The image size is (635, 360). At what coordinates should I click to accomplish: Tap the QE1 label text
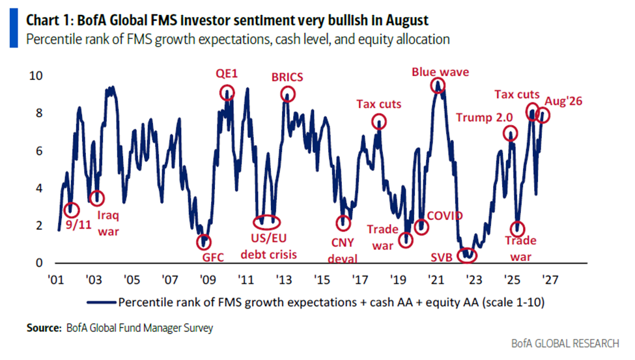pyautogui.click(x=227, y=74)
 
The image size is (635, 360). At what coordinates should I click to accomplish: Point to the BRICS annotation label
pyautogui.click(x=287, y=77)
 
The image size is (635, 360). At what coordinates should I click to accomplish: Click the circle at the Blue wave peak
pyautogui.click(x=431, y=85)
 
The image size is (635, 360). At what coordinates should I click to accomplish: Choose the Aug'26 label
pyautogui.click(x=563, y=101)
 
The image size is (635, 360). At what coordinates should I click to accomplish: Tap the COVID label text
pyautogui.click(x=445, y=215)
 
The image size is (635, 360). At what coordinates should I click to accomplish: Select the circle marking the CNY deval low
pyautogui.click(x=337, y=223)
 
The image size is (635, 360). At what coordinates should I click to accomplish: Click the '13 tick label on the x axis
pyautogui.click(x=283, y=279)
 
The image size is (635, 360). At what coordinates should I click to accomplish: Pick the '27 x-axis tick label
pyautogui.click(x=550, y=279)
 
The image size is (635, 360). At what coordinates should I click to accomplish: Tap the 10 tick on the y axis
pyautogui.click(x=36, y=76)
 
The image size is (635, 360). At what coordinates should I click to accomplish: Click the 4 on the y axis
pyautogui.click(x=39, y=188)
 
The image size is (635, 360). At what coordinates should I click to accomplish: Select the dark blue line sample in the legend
pyautogui.click(x=101, y=302)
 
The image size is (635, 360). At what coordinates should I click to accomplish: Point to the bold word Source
pyautogui.click(x=44, y=327)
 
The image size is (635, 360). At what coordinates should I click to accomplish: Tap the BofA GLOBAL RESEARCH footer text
pyautogui.click(x=565, y=343)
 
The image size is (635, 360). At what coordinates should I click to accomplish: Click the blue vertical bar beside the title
pyautogui.click(x=14, y=29)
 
